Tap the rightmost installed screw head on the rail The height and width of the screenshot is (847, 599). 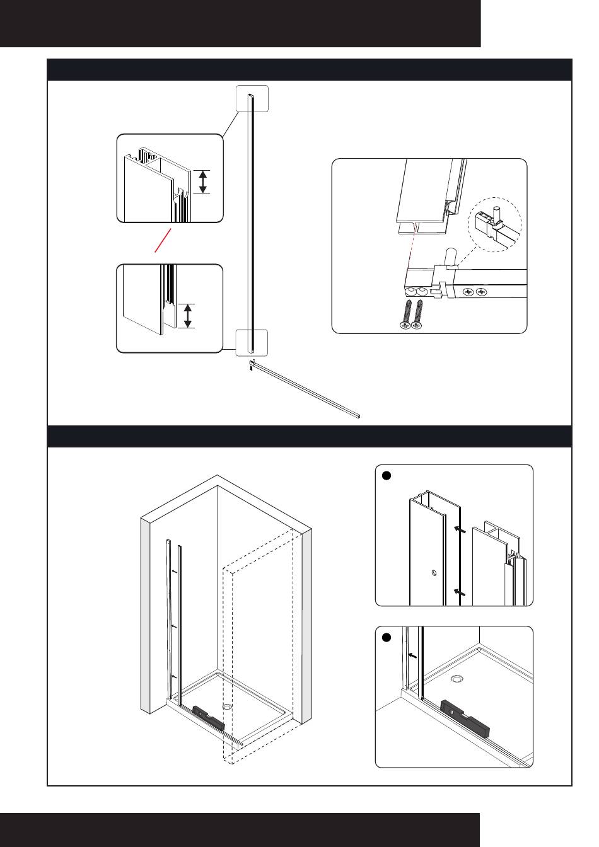tap(481, 292)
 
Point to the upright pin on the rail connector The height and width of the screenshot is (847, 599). tap(450, 258)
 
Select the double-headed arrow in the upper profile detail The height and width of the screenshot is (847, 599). tap(202, 181)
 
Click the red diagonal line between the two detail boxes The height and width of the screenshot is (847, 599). tap(163, 241)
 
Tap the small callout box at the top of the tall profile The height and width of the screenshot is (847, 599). tap(252, 98)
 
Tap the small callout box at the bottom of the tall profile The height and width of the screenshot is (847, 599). tap(252, 342)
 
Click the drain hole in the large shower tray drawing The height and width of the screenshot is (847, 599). tap(227, 706)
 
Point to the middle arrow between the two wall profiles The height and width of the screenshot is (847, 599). tap(174, 626)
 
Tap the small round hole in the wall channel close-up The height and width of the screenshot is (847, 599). tap(433, 573)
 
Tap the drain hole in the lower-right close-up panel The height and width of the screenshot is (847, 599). tap(457, 679)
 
